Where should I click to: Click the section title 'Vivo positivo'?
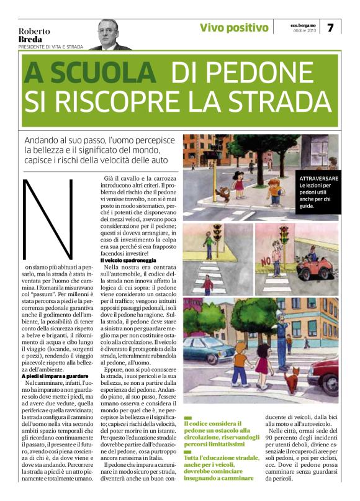click(x=235, y=28)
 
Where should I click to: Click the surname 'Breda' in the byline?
click(x=30, y=40)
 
